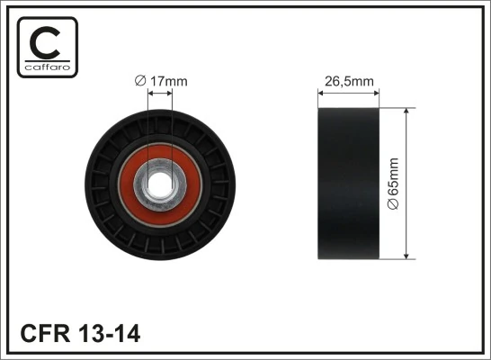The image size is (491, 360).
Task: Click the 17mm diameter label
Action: (x=161, y=81)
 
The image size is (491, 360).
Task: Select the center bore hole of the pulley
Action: (x=158, y=181)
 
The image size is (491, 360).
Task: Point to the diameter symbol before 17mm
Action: (x=139, y=81)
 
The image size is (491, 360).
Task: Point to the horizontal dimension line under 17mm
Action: (x=158, y=92)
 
